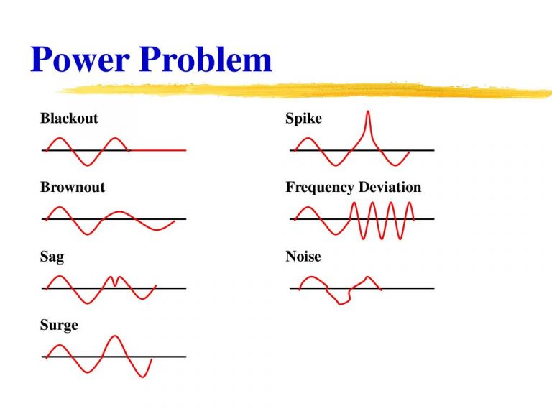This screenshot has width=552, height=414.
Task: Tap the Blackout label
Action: tap(69, 119)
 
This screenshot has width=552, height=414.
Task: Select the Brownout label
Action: tap(73, 188)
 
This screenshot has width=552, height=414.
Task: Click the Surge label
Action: tap(59, 326)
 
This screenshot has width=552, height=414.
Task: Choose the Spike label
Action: tap(303, 119)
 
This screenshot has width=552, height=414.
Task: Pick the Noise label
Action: tap(303, 257)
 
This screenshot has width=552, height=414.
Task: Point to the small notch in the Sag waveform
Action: tap(115, 282)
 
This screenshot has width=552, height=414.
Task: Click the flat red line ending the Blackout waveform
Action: tap(158, 150)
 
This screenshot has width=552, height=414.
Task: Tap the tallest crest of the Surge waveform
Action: tap(113, 337)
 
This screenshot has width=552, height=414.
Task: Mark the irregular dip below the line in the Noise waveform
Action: tap(340, 300)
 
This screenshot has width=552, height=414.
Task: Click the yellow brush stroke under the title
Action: tap(302, 91)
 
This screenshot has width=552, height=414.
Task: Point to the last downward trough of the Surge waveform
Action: tap(144, 375)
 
